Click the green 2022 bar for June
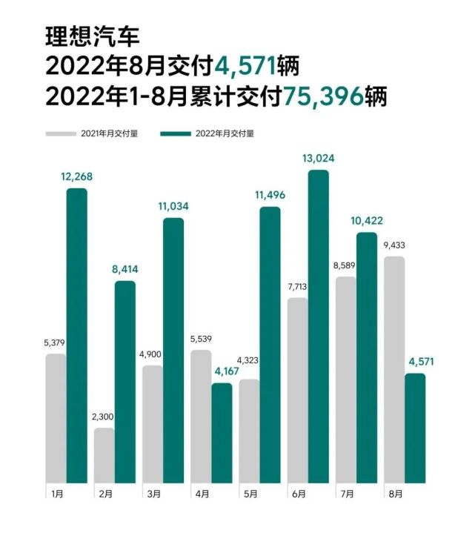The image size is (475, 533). [319, 326]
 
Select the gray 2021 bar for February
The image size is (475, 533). [104, 455]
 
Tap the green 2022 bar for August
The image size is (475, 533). [415, 428]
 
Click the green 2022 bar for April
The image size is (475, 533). [222, 433]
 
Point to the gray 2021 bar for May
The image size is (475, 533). [249, 431]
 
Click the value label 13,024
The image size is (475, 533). [319, 158]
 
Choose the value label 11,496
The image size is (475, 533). [270, 195]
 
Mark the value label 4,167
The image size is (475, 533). [222, 371]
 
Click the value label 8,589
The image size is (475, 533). [345, 266]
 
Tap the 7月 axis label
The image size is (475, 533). [345, 492]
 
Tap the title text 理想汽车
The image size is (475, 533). [93, 36]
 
